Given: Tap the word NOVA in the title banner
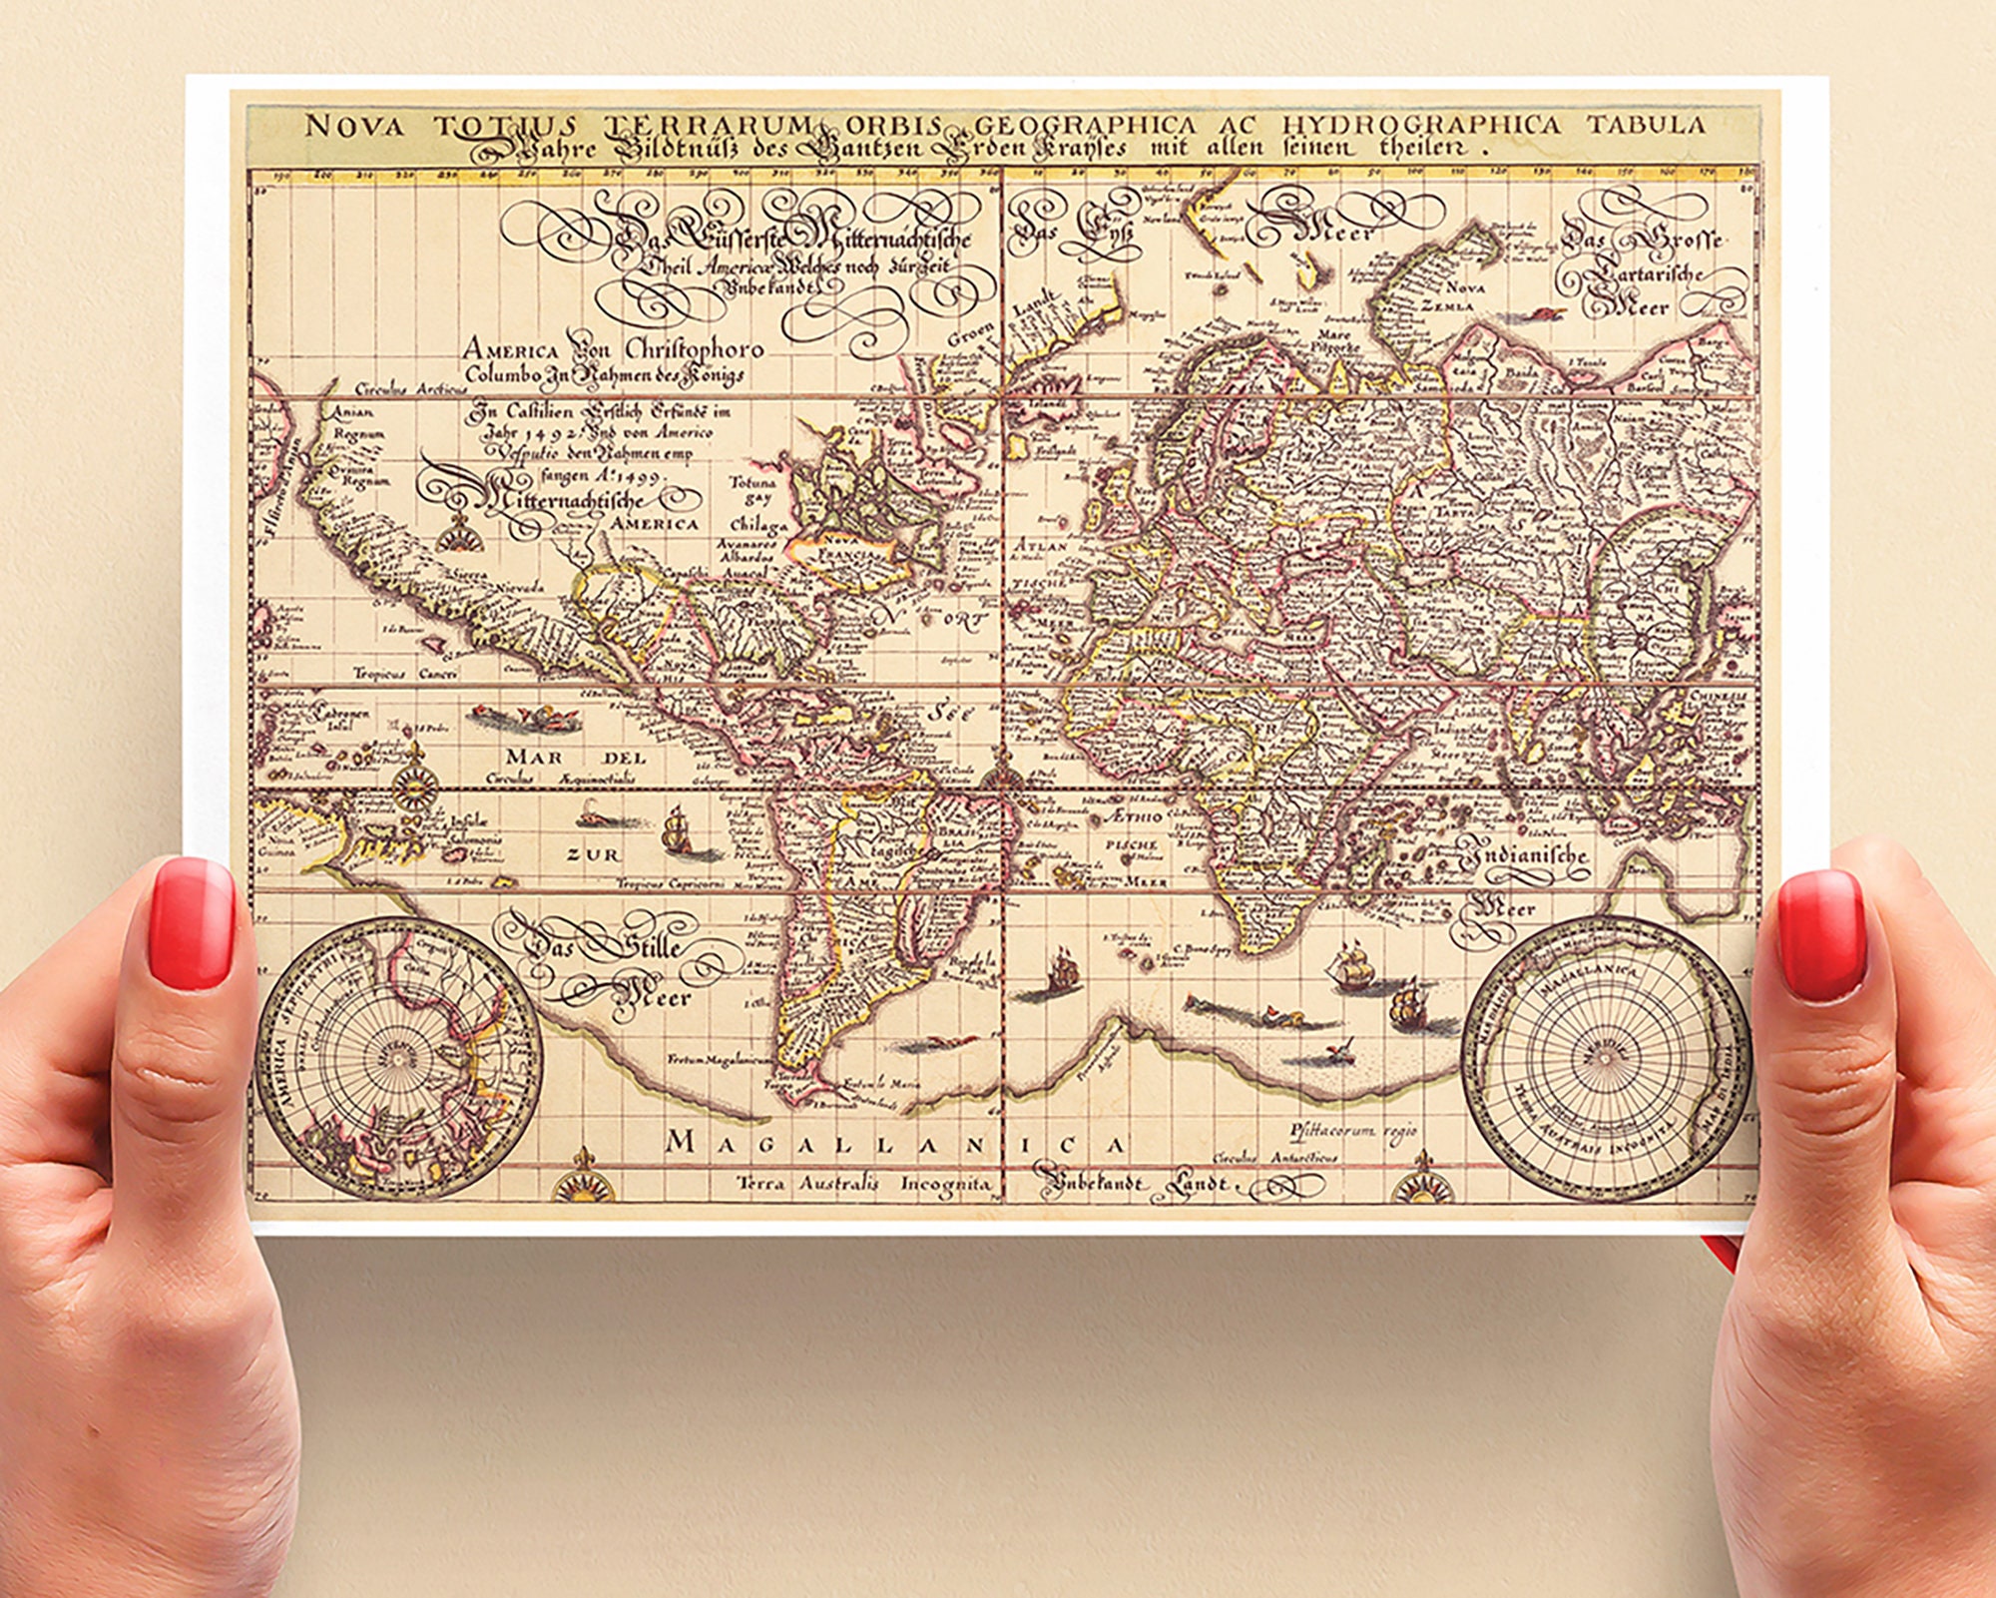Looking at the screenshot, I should tap(353, 126).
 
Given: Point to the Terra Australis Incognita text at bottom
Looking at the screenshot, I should tap(864, 1184).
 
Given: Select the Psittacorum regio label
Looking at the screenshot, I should tap(1352, 1131).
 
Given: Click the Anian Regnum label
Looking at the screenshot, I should tap(352, 423).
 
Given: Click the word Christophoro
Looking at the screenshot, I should tap(694, 349).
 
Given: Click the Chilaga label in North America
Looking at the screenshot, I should tap(758, 524).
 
